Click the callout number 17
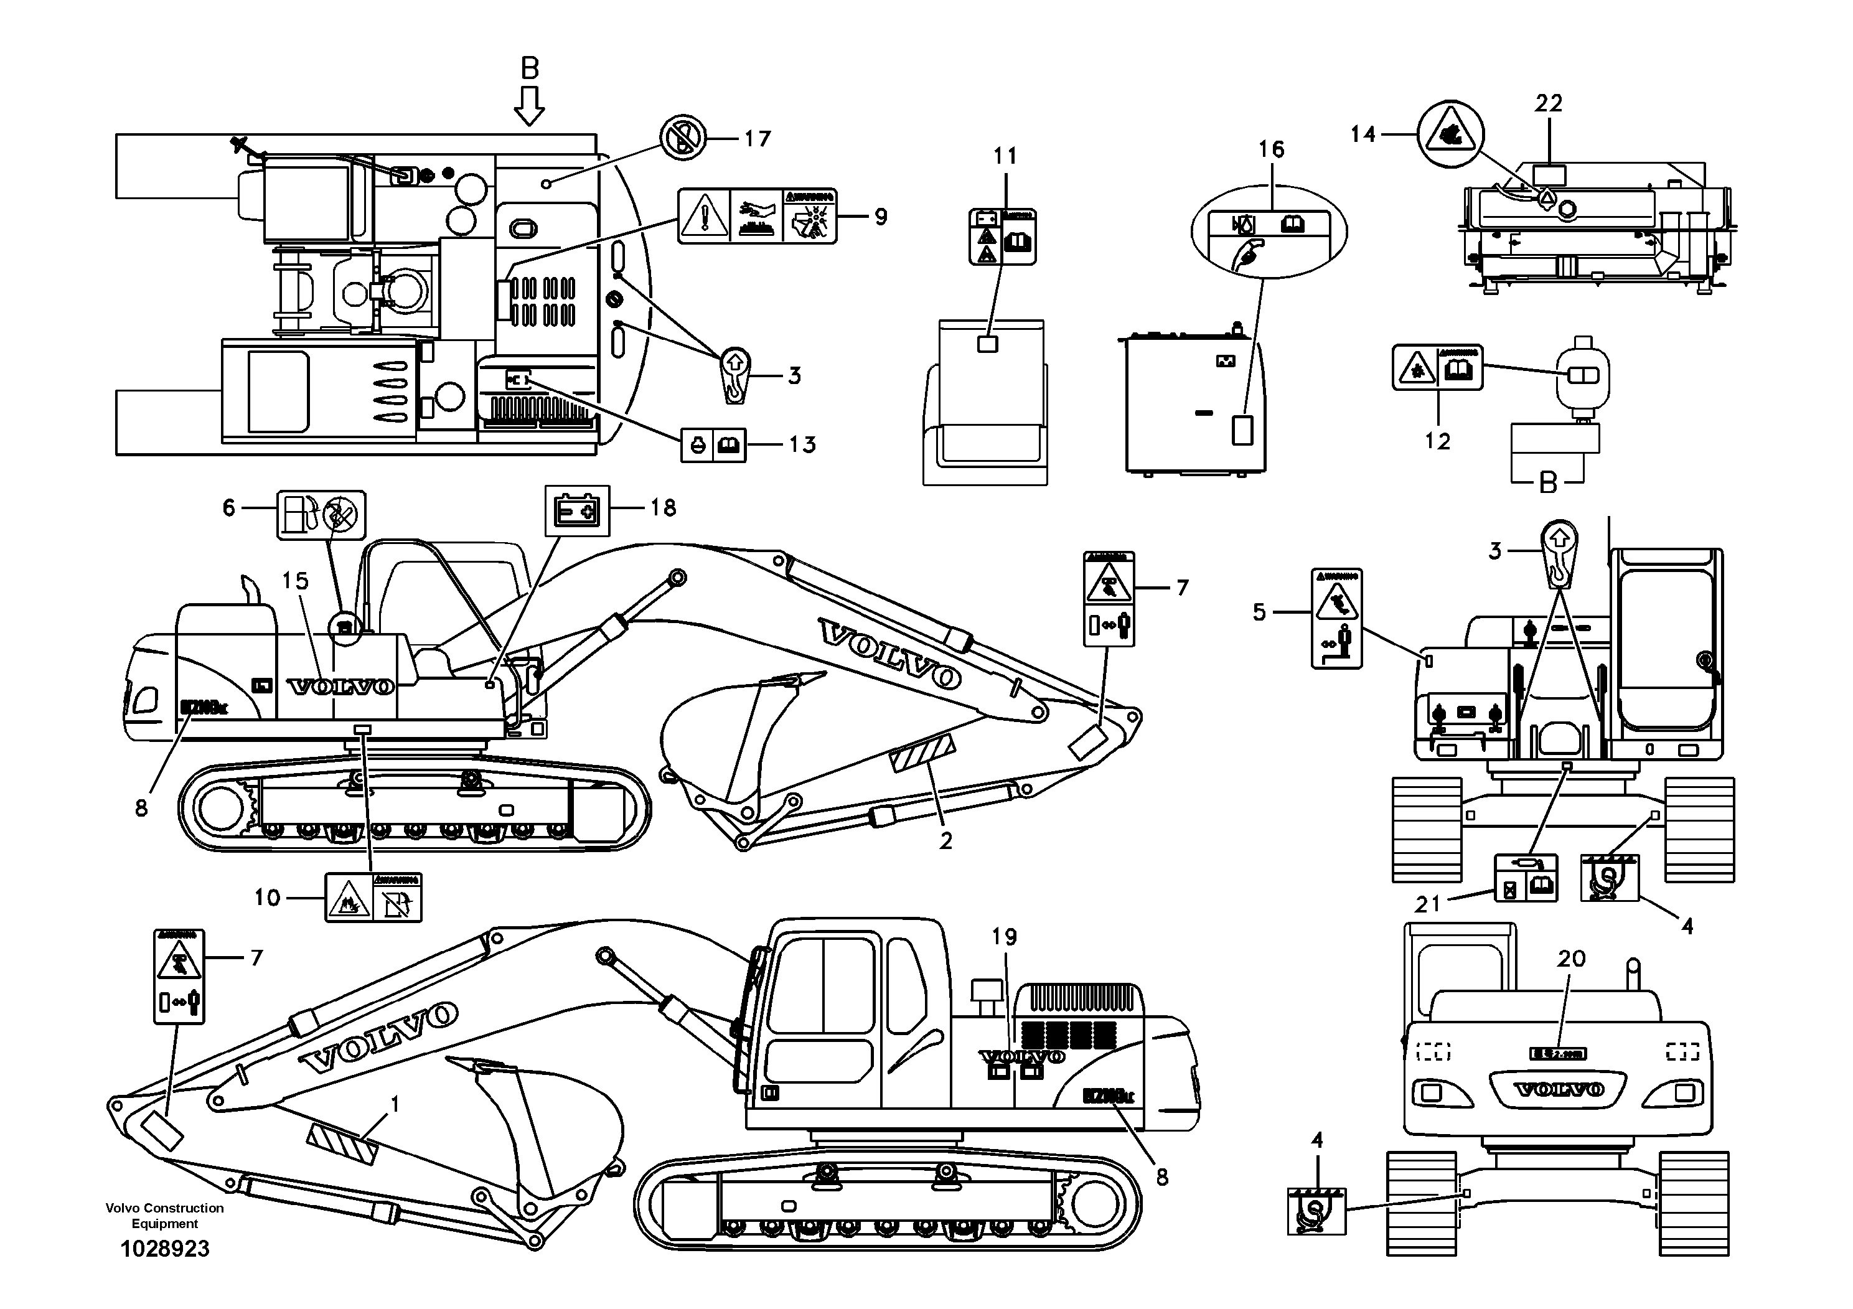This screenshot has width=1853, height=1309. pyautogui.click(x=757, y=139)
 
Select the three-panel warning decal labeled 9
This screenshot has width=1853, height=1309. pyautogui.click(x=757, y=216)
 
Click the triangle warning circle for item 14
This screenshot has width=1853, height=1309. pyautogui.click(x=1450, y=134)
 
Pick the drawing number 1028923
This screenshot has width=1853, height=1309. pyautogui.click(x=165, y=1249)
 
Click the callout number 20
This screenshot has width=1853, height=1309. pyautogui.click(x=1571, y=959)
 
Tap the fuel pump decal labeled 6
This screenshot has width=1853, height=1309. pyautogui.click(x=321, y=515)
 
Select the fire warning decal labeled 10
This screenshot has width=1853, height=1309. pyautogui.click(x=373, y=898)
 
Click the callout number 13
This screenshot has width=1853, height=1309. pyautogui.click(x=802, y=444)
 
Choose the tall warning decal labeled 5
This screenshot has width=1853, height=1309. pyautogui.click(x=1336, y=618)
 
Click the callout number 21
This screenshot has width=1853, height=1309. pyautogui.click(x=1428, y=904)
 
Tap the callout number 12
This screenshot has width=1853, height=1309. pyautogui.click(x=1437, y=441)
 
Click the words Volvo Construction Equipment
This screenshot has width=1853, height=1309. pyautogui.click(x=165, y=1216)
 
